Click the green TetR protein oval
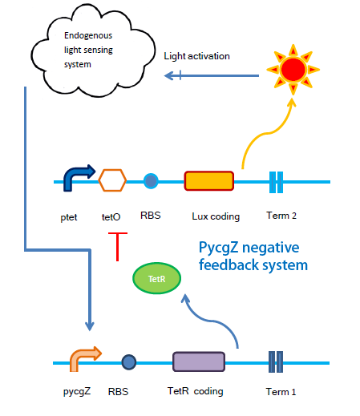pyautogui.click(x=157, y=278)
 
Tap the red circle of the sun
pyautogui.click(x=293, y=70)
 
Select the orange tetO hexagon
pyautogui.click(x=112, y=180)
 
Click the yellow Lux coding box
pyautogui.click(x=209, y=181)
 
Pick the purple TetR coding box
pyautogui.click(x=199, y=361)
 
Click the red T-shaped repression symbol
pyautogui.click(x=118, y=246)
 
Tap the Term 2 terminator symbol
pyautogui.click(x=276, y=182)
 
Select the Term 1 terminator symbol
pyautogui.click(x=276, y=362)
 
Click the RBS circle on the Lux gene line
pyautogui.click(x=151, y=181)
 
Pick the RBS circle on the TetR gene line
pyautogui.click(x=129, y=362)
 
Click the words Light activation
pyautogui.click(x=196, y=56)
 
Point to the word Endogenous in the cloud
pyautogui.click(x=88, y=35)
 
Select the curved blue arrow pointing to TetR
pyautogui.click(x=211, y=319)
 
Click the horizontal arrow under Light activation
pyautogui.click(x=212, y=75)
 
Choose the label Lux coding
pyautogui.click(x=216, y=216)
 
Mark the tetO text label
pyautogui.click(x=111, y=217)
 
